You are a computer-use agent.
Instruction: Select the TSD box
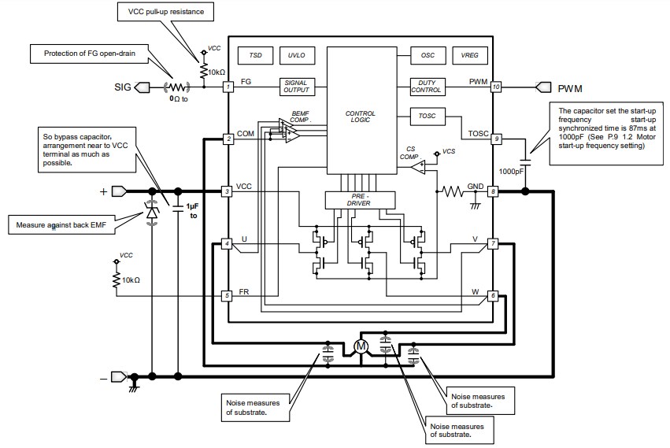255,56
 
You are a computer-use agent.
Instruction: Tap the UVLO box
296,56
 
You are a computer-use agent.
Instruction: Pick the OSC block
428,56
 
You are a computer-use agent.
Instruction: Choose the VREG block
469,56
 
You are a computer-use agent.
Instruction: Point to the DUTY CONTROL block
428,87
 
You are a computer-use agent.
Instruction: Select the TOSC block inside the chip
428,117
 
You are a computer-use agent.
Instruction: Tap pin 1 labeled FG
228,87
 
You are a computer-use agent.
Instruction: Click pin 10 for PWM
495,87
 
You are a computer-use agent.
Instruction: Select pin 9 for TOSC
495,139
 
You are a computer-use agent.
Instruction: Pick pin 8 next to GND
494,191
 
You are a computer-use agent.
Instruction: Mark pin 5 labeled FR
228,296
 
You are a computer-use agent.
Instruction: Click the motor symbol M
361,346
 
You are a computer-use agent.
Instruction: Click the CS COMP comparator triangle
420,168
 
